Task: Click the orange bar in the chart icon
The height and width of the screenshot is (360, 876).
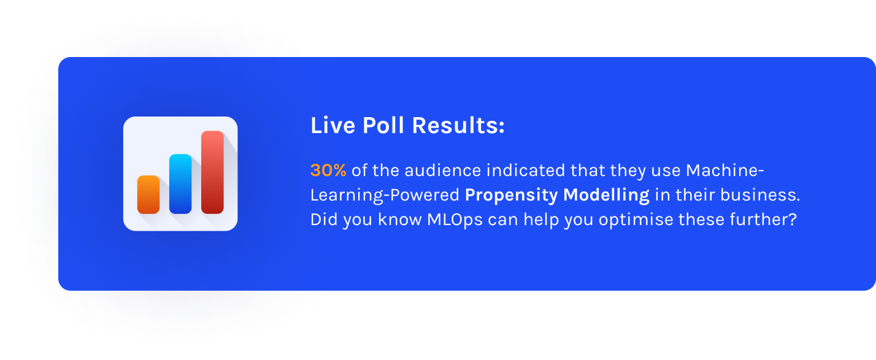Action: pos(148,194)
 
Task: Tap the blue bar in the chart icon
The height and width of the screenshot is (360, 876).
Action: pos(180,184)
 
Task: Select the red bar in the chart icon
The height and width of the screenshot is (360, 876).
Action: pos(212,172)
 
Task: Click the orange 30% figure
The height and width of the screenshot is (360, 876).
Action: pos(328,170)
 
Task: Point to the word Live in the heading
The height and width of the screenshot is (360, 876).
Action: pos(333,126)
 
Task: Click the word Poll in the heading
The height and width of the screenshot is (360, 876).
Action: pos(383,126)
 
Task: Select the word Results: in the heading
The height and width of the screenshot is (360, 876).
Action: pos(458,126)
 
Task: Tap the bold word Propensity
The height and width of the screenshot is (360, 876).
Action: pos(511,195)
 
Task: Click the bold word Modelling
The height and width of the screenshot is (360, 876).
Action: pos(607,195)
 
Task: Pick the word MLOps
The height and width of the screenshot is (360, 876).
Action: pos(455,220)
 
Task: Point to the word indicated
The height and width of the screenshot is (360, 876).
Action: pos(526,170)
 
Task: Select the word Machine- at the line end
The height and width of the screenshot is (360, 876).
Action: pos(725,170)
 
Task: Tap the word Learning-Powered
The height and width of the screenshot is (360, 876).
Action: pos(385,195)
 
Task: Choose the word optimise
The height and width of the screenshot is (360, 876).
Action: pos(636,220)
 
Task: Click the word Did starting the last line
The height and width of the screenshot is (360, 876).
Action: pos(324,220)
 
